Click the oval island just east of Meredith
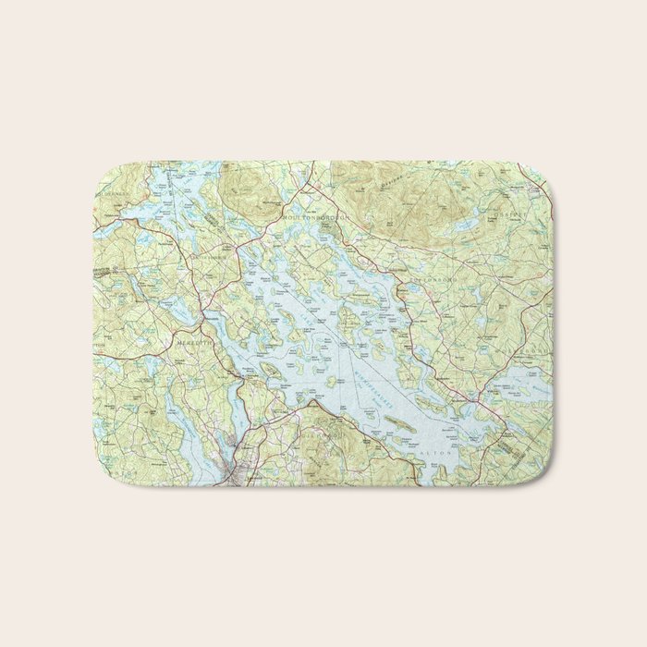271,369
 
